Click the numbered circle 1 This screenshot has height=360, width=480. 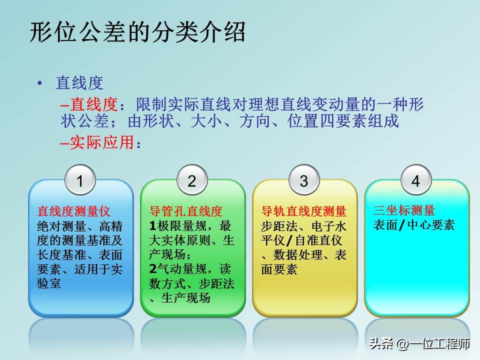point(80,181)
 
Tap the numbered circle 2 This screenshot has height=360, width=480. point(192,181)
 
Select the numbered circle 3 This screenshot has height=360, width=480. point(304,181)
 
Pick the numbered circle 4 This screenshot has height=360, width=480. point(416,181)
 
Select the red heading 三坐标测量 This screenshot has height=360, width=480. point(404,210)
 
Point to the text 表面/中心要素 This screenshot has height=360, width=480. point(413,225)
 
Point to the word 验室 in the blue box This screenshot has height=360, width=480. point(49,284)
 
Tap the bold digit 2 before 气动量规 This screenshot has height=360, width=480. point(153,269)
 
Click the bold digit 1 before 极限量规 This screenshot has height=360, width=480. point(153,225)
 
